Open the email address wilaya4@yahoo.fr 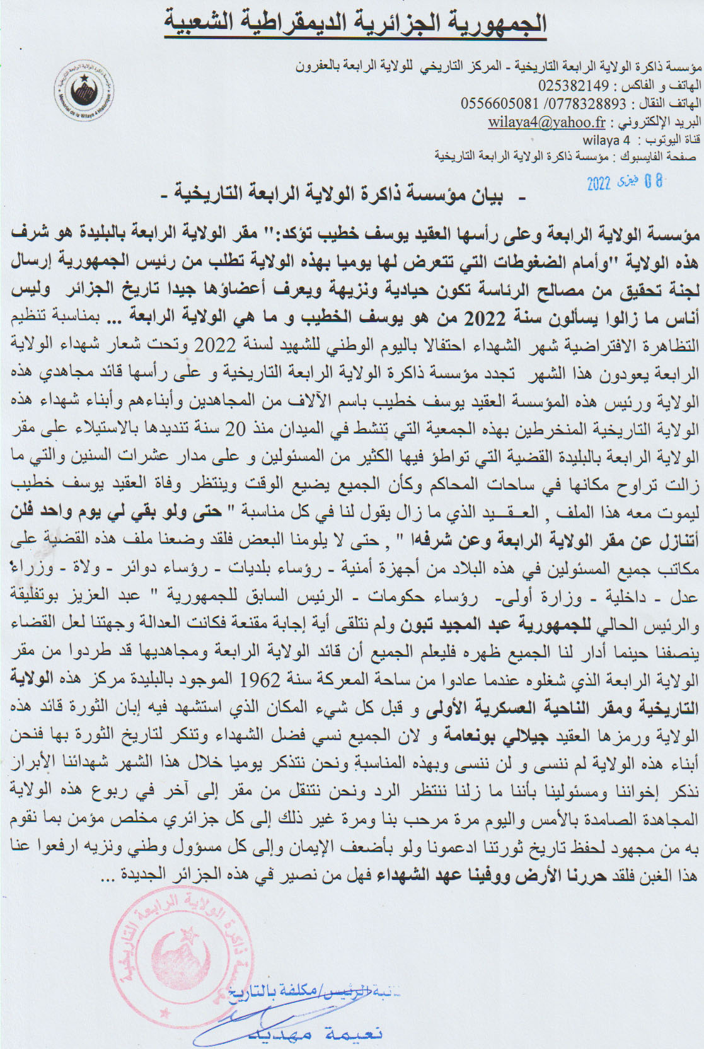(547, 122)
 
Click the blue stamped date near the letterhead (625, 182)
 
